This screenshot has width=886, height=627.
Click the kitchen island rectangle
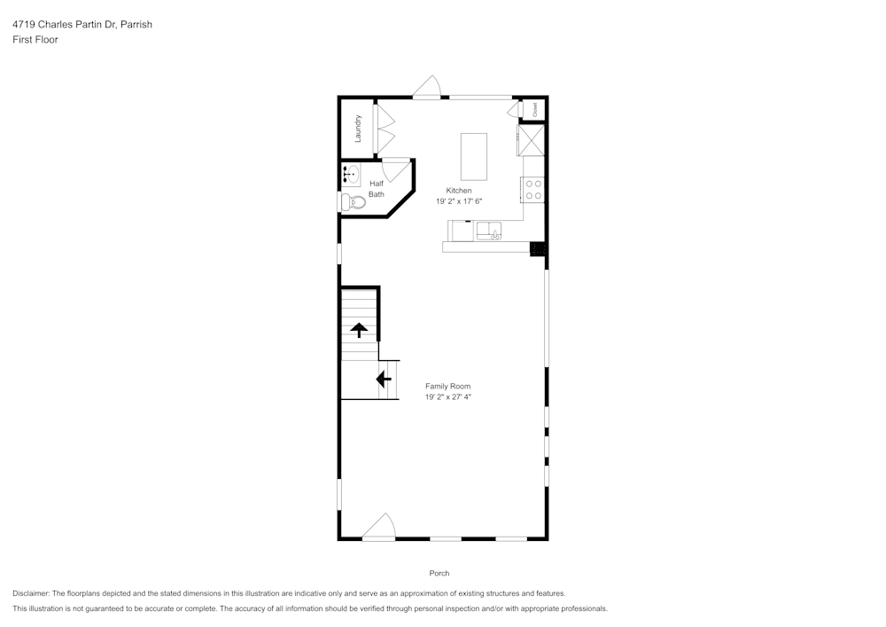tap(474, 156)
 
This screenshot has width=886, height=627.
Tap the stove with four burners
tap(533, 189)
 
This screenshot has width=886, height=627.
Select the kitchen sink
tap(489, 231)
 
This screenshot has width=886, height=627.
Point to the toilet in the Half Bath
tap(353, 202)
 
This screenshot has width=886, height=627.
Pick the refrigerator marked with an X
tap(532, 140)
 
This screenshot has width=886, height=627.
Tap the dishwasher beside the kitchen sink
tap(462, 231)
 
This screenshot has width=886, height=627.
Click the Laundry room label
tap(359, 129)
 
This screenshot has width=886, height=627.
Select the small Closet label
tap(535, 108)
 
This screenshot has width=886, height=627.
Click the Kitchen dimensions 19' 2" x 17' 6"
tap(458, 201)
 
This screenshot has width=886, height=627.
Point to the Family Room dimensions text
tap(447, 397)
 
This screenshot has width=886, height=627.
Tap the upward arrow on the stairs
tap(359, 331)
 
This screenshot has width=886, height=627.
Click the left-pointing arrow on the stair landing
tap(384, 380)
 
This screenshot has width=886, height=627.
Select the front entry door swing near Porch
tap(379, 527)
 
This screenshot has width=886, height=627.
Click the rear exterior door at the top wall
tap(428, 87)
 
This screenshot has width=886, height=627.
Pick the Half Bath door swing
tap(397, 169)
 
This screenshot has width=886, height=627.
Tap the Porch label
tap(439, 573)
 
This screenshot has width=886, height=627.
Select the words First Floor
tap(35, 40)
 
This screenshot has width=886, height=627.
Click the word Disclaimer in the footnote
tap(31, 593)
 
